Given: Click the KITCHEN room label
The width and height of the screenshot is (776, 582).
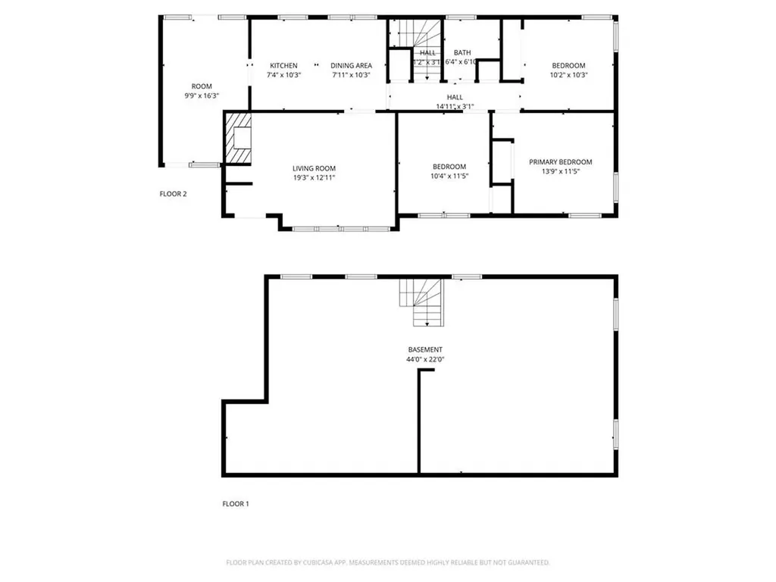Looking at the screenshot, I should click(x=283, y=66).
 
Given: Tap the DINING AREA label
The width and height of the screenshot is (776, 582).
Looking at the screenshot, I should click(x=351, y=66).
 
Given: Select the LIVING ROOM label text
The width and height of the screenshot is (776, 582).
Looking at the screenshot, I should click(x=314, y=168).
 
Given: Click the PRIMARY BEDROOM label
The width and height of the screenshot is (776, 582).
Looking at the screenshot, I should click(x=560, y=162).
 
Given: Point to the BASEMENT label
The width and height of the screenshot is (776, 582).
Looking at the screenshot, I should click(x=424, y=349).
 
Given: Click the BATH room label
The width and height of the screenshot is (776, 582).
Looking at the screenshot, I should click(x=462, y=52).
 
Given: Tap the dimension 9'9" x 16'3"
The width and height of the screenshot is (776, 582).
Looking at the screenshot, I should click(x=201, y=95).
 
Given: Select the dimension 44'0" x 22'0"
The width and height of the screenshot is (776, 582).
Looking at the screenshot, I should click(x=424, y=359).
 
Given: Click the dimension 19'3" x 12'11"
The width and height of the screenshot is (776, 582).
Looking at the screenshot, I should click(x=314, y=177).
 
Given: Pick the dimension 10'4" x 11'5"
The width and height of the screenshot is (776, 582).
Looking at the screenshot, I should click(x=449, y=177).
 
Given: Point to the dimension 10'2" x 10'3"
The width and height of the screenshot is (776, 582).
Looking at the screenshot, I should click(x=568, y=75).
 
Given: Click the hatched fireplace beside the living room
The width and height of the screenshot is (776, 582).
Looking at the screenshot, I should click(x=239, y=138).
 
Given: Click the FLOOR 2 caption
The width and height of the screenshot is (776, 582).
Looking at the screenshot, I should click(x=173, y=194).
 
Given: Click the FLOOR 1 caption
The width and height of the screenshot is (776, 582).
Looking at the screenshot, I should click(x=235, y=504).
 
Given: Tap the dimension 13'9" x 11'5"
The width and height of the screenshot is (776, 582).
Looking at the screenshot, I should click(x=560, y=171).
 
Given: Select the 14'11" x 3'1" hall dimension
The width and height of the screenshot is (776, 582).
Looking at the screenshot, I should click(x=455, y=107).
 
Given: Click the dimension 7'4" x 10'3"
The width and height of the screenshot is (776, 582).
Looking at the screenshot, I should click(x=283, y=75).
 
